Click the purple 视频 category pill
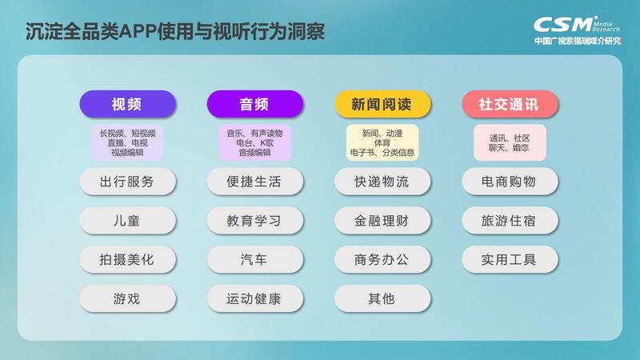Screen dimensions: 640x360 point(127,104)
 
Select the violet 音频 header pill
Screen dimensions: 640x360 point(254,104)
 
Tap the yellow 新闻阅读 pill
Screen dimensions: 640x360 point(382,104)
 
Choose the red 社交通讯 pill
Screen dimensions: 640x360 point(510,104)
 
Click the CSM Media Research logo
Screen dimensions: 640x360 point(577,30)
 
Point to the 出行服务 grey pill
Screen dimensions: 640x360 point(127,182)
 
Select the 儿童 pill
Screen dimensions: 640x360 point(127,221)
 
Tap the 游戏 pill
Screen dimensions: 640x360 point(127,298)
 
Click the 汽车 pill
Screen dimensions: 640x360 point(254,259)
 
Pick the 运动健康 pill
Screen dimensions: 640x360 point(254,298)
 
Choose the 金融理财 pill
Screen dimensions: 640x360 point(382,221)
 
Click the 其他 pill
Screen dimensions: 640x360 point(382,298)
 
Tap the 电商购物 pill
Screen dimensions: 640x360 point(510,182)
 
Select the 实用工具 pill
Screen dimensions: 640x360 point(510,259)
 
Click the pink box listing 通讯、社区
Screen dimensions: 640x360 point(510,142)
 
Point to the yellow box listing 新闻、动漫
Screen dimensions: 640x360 point(382,142)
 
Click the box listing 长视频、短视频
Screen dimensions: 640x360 point(127,142)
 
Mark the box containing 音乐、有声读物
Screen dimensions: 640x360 point(254,142)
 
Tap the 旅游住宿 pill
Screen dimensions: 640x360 point(510,221)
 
